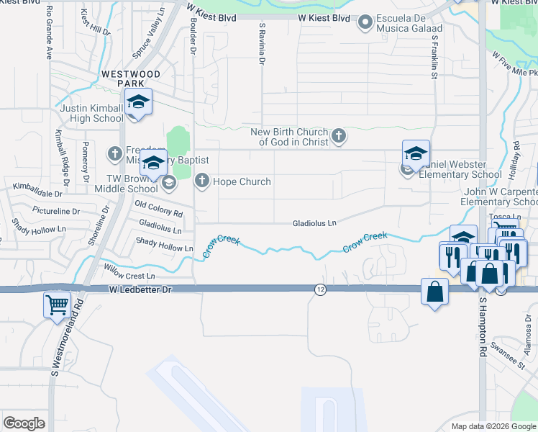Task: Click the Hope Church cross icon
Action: [202, 181]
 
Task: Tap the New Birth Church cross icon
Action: [339, 135]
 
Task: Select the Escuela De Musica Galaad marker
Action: [365, 24]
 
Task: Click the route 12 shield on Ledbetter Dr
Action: [320, 289]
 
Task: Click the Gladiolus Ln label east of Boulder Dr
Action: [314, 224]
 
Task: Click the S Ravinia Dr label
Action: [261, 42]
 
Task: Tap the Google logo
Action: [24, 423]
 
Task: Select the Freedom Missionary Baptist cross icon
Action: [115, 153]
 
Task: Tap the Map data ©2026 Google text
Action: [493, 426]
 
